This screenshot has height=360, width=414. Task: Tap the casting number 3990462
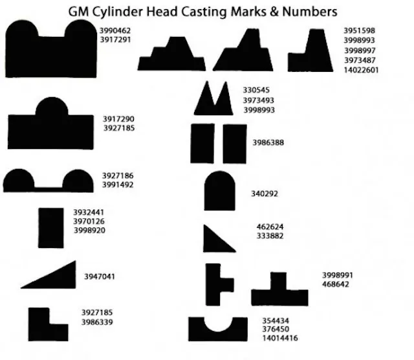(115, 30)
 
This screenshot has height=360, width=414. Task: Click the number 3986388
(268, 142)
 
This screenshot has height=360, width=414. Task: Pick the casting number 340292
(264, 193)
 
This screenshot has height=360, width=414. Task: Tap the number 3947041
(100, 276)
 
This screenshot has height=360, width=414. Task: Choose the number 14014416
(279, 338)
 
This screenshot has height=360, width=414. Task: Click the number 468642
(335, 284)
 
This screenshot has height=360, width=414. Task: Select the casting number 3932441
(89, 212)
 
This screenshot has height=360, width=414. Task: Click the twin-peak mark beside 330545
(213, 101)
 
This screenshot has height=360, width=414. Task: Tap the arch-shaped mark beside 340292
(219, 190)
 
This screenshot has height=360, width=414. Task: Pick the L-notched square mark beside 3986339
(48, 324)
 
